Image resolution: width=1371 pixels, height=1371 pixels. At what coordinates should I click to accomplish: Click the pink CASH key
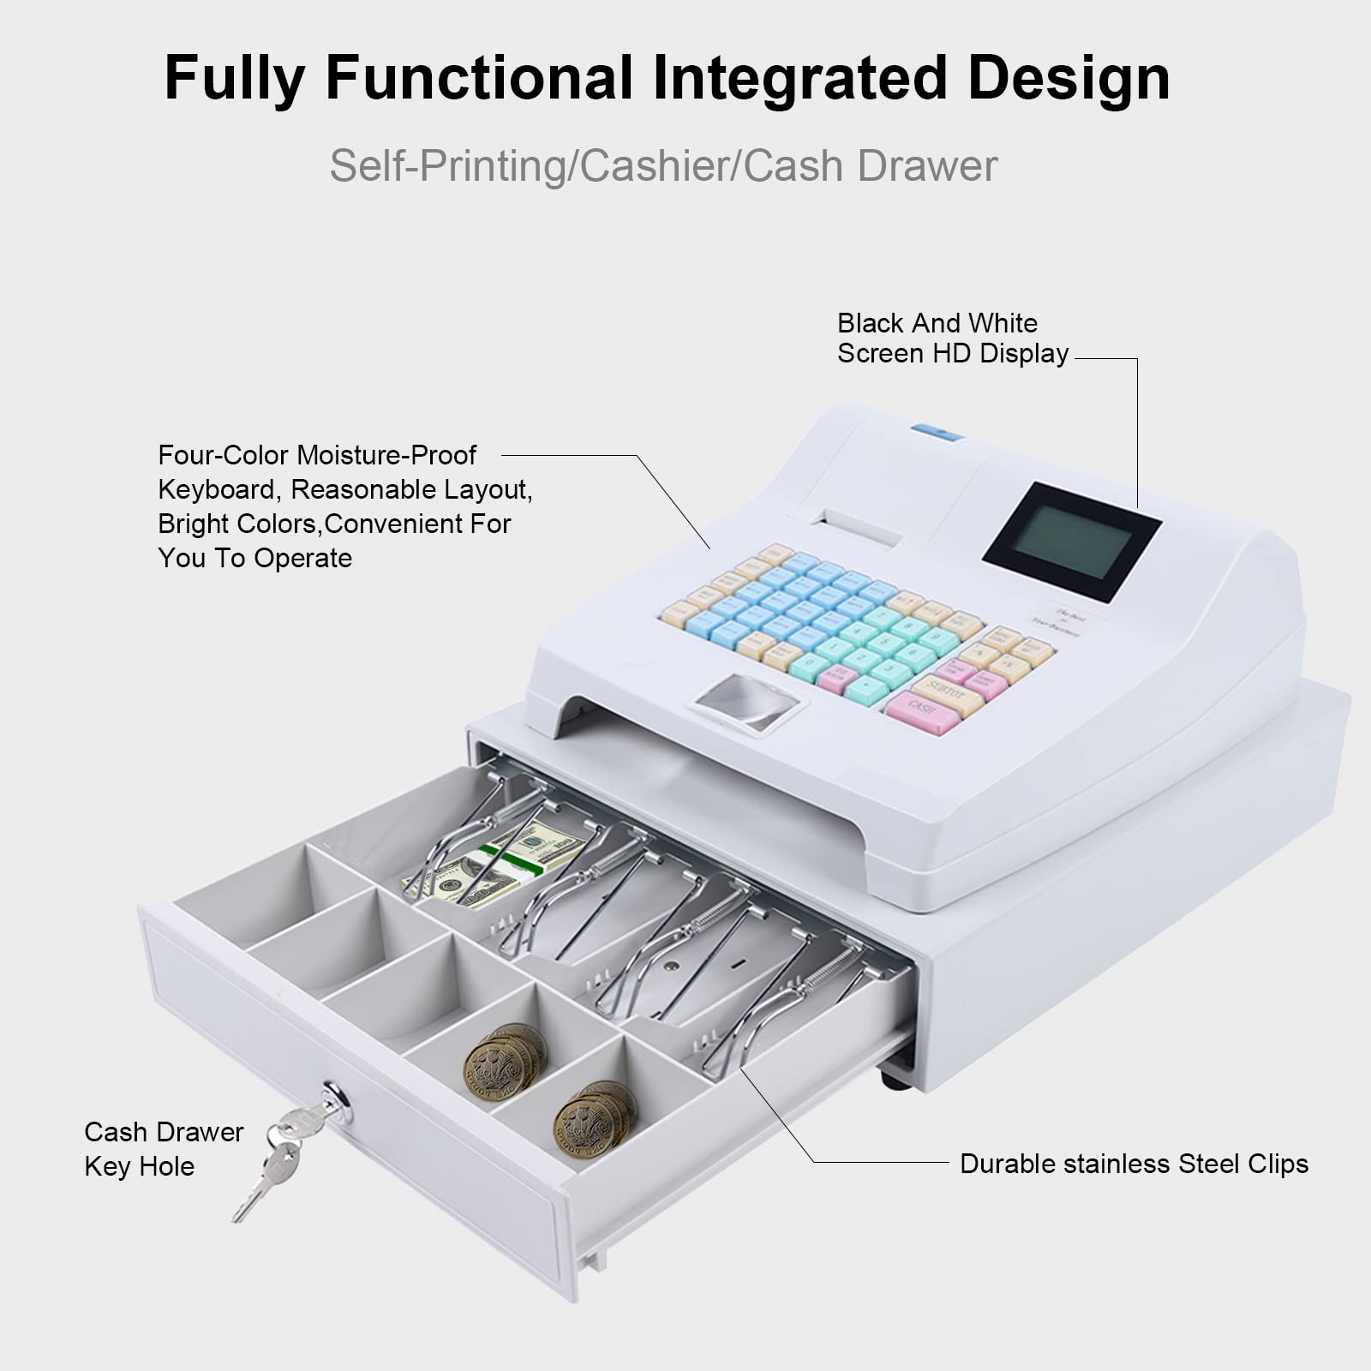click(x=922, y=713)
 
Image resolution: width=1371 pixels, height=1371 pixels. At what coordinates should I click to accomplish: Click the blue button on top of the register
click(x=937, y=432)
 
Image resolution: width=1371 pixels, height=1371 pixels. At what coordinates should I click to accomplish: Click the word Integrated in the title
click(x=799, y=79)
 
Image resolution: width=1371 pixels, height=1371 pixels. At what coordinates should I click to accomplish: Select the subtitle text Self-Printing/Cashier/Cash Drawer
click(x=664, y=165)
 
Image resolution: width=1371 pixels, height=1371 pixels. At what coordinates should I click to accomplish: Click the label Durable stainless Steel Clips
click(x=1134, y=1164)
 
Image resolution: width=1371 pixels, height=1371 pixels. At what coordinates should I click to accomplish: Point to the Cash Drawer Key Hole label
click(x=163, y=1149)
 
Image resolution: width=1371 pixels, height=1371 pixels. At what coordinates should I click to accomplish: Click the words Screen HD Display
click(x=953, y=354)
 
